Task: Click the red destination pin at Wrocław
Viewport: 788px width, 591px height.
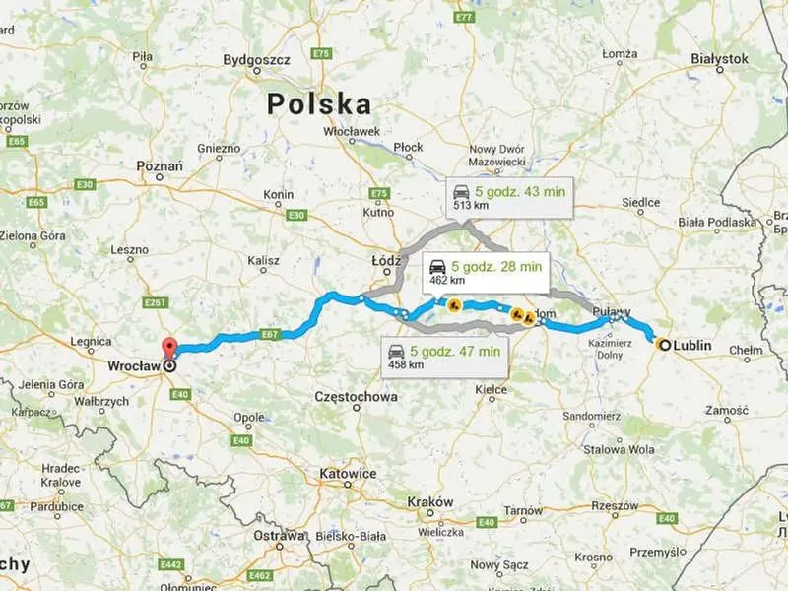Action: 169,348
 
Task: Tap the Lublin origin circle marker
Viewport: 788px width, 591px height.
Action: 665,345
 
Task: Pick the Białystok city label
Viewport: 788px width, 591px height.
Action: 720,59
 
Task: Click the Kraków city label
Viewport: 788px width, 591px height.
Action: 430,501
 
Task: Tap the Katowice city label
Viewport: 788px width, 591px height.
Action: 348,474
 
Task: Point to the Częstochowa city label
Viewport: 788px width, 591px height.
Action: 355,397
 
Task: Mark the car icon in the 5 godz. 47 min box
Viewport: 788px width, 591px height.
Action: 396,351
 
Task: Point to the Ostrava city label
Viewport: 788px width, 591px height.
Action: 279,537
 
